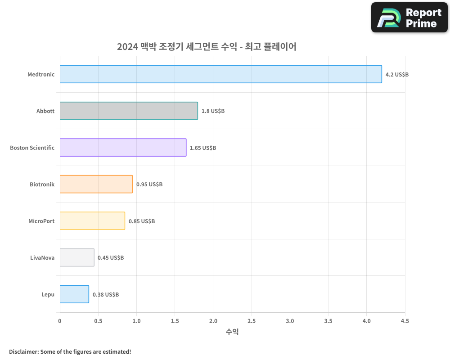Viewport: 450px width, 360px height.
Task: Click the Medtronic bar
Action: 220,74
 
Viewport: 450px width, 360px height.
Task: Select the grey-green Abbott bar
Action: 129,111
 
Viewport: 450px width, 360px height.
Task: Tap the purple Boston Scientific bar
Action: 123,148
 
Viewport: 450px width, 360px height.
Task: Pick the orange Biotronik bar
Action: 96,184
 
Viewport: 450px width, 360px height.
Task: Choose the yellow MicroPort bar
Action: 92,221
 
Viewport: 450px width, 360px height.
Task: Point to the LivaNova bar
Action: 77,257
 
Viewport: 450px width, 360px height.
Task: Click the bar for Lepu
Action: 74,294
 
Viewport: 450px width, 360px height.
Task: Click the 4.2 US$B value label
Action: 397,74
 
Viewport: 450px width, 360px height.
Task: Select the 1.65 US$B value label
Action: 202,148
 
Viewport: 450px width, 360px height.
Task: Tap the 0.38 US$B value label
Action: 106,294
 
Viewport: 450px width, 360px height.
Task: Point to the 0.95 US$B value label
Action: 149,184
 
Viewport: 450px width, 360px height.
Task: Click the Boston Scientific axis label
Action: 32,148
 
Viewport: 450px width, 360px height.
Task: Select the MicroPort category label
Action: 41,221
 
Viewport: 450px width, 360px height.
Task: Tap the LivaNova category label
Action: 42,257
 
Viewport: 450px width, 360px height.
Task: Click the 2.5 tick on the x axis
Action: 252,321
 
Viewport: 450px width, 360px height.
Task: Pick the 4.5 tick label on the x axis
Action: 405,321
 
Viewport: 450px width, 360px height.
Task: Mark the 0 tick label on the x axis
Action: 60,321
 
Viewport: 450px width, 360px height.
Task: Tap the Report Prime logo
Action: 409,18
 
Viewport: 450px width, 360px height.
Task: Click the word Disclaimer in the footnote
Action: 23,351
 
